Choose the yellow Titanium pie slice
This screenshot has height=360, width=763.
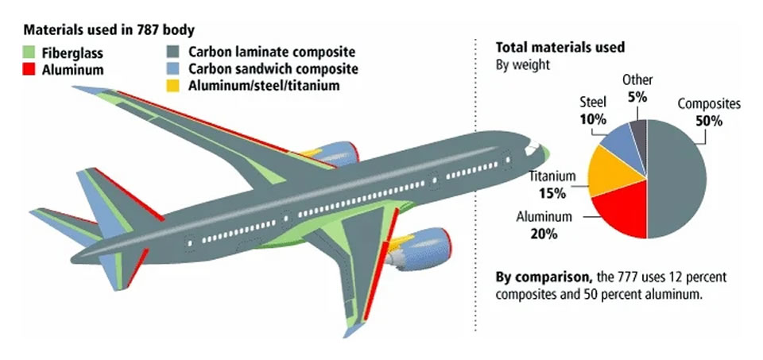point(605,172)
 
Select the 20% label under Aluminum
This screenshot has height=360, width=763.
point(544,234)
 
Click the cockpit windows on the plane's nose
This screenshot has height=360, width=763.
point(533,147)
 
